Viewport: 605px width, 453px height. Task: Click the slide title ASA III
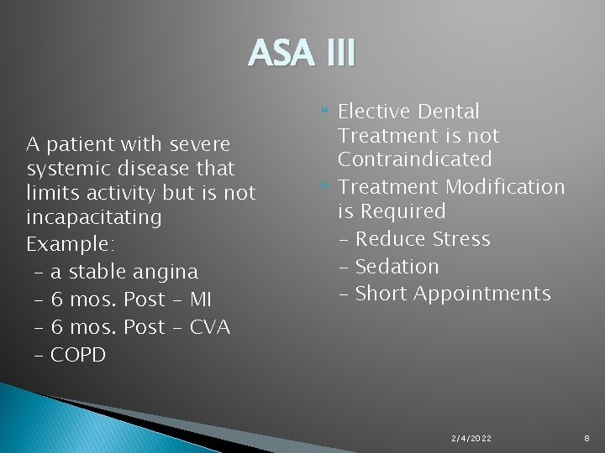pyautogui.click(x=302, y=55)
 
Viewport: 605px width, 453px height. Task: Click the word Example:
pyautogui.click(x=71, y=244)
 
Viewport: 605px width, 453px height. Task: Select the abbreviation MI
pyautogui.click(x=200, y=299)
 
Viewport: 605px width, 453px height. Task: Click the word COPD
pyautogui.click(x=78, y=355)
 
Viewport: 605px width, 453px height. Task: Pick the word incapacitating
pyautogui.click(x=93, y=217)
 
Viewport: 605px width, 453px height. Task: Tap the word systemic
pyautogui.click(x=71, y=168)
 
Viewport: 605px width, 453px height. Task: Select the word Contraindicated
pyautogui.click(x=414, y=159)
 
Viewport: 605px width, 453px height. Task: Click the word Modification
pyautogui.click(x=505, y=186)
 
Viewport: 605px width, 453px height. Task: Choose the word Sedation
pyautogui.click(x=397, y=267)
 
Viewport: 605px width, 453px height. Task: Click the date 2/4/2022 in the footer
pyautogui.click(x=471, y=439)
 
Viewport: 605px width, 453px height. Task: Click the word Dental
pyautogui.click(x=448, y=112)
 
